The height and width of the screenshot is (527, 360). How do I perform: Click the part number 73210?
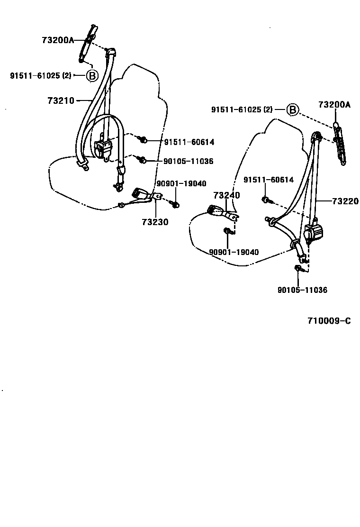[x=61, y=100]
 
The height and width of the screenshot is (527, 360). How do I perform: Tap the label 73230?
[x=154, y=221]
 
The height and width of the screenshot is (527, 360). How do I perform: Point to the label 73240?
[x=226, y=195]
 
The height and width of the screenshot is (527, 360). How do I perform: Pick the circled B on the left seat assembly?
[x=92, y=75]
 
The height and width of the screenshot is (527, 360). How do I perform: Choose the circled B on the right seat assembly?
[x=293, y=110]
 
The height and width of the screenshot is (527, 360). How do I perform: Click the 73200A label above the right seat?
[x=334, y=105]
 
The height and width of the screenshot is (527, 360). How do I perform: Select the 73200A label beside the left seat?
[x=58, y=40]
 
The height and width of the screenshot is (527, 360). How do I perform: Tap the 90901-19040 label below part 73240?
[x=234, y=252]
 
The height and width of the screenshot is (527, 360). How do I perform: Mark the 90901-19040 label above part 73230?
[x=181, y=184]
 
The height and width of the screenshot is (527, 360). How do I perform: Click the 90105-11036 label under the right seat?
[x=302, y=290]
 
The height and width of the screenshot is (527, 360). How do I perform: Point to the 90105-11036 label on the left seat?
[x=189, y=162]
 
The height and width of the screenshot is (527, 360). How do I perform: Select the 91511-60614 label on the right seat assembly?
[x=269, y=180]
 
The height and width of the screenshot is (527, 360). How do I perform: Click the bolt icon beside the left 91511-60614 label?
[x=142, y=140]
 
